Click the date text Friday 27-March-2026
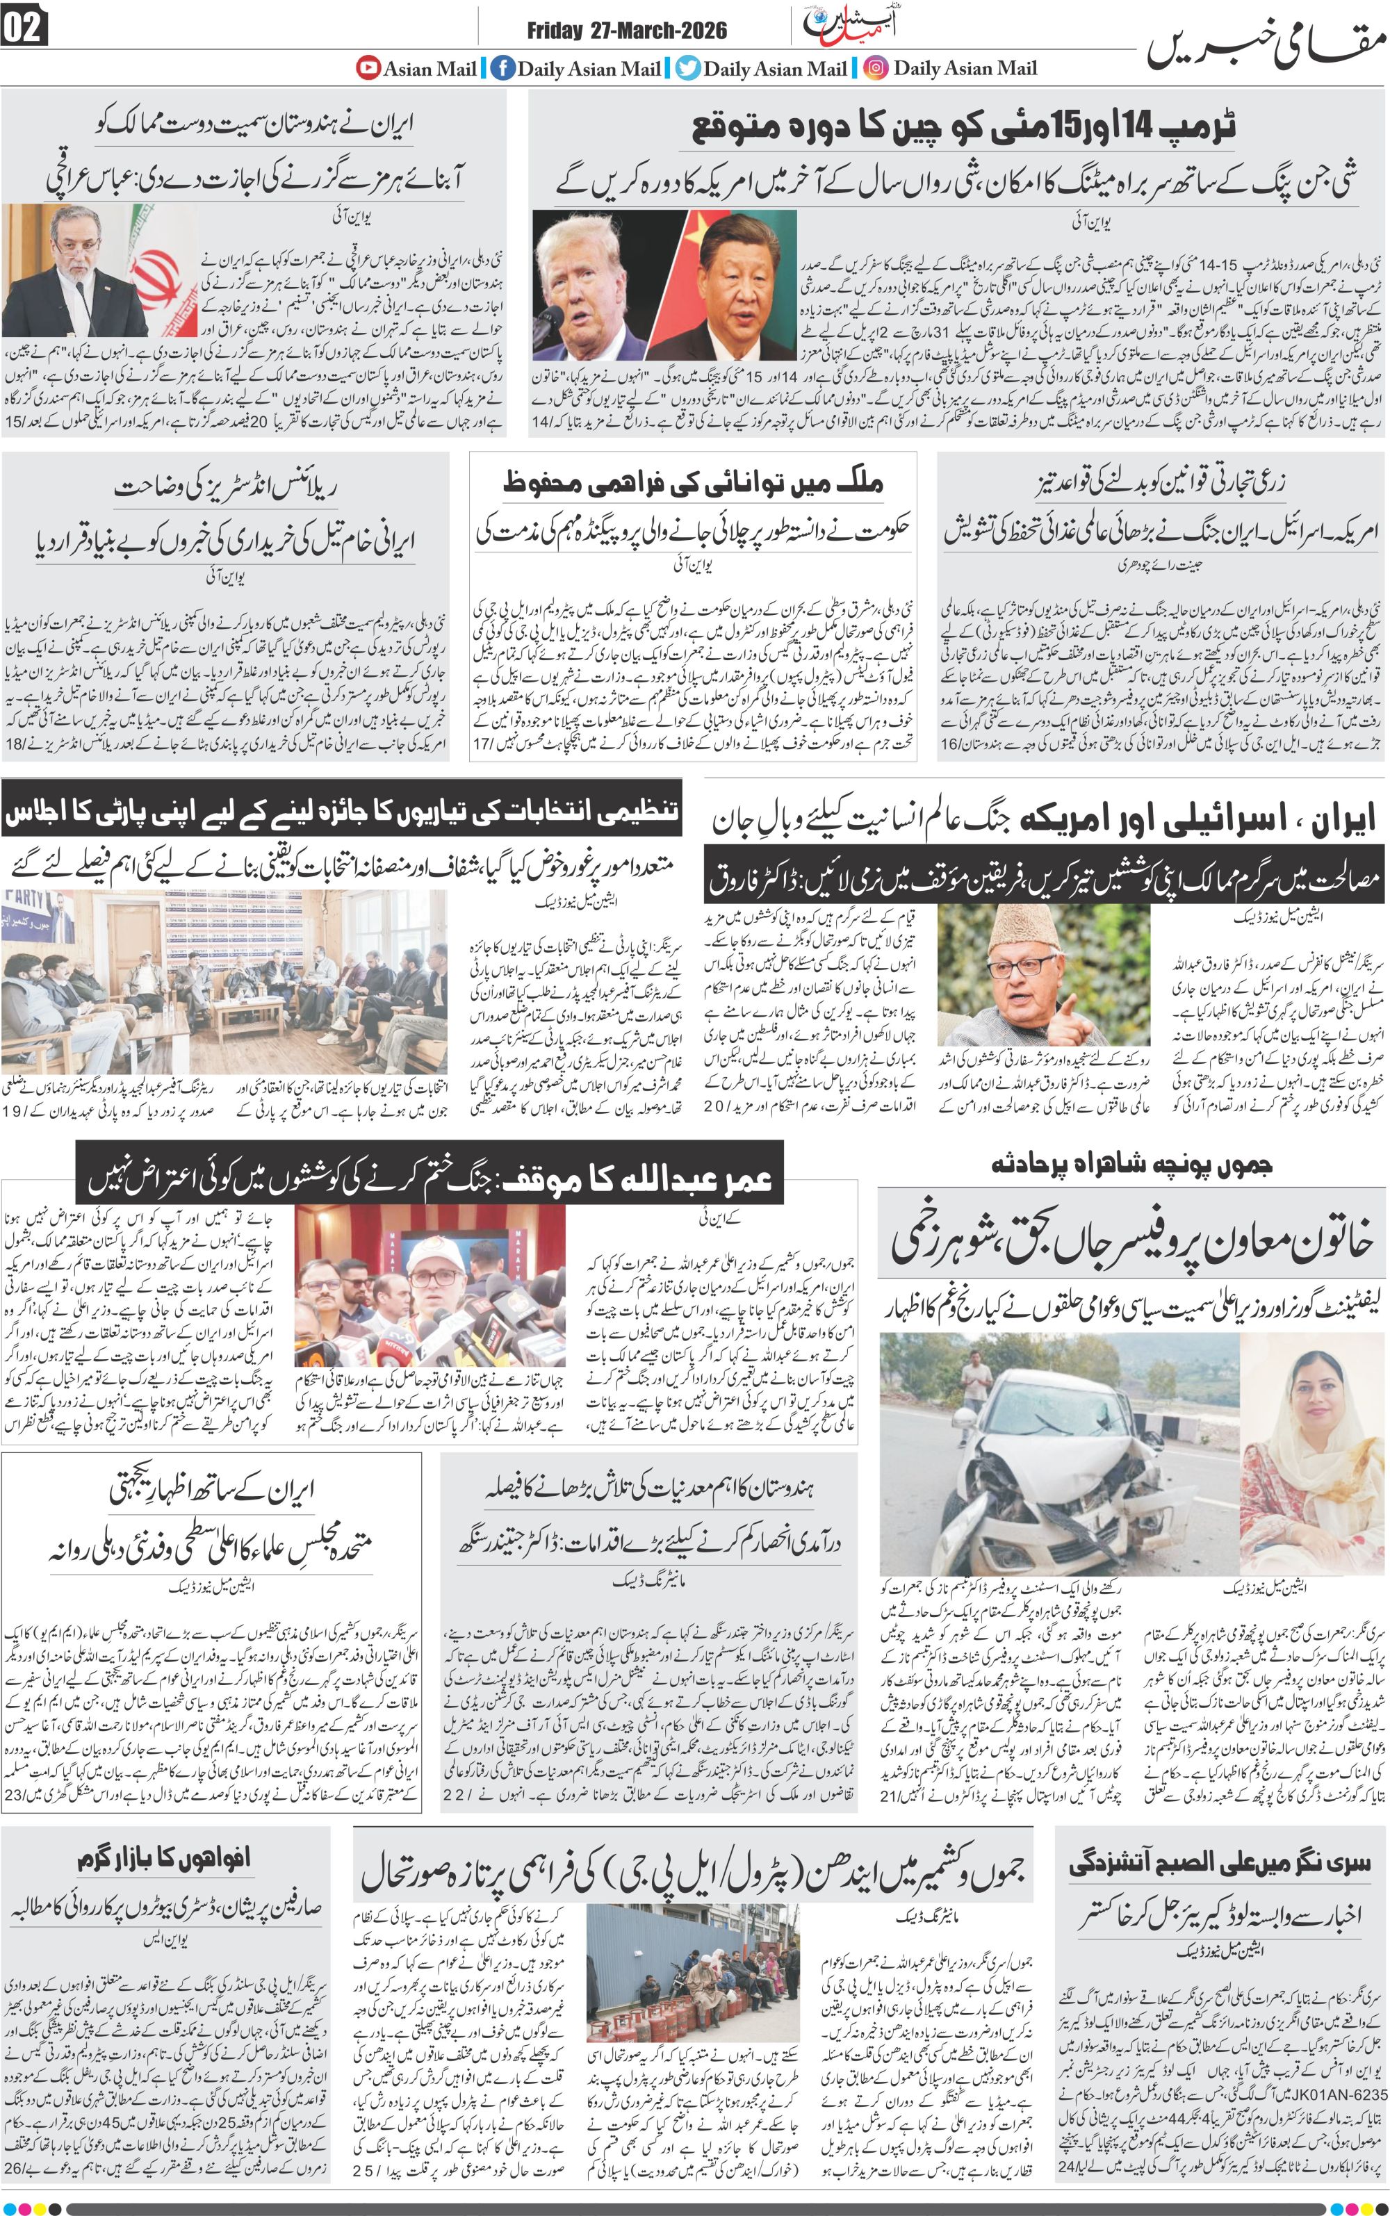pyautogui.click(x=627, y=31)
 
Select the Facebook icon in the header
pyautogui.click(x=502, y=68)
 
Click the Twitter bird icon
pyautogui.click(x=687, y=68)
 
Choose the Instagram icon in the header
pyautogui.click(x=876, y=68)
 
